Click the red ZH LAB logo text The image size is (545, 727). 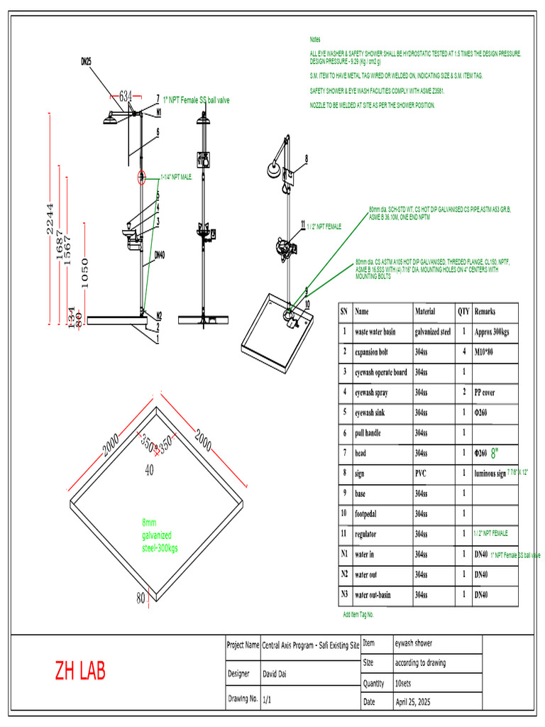coord(80,671)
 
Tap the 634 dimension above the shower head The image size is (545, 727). coord(126,95)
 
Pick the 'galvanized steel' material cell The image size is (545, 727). coord(433,331)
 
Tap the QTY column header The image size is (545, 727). coord(463,311)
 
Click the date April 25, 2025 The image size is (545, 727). coord(412,702)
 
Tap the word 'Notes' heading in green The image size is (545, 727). coord(315,39)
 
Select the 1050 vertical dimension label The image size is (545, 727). coord(84,270)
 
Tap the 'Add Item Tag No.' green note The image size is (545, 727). coord(358,615)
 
